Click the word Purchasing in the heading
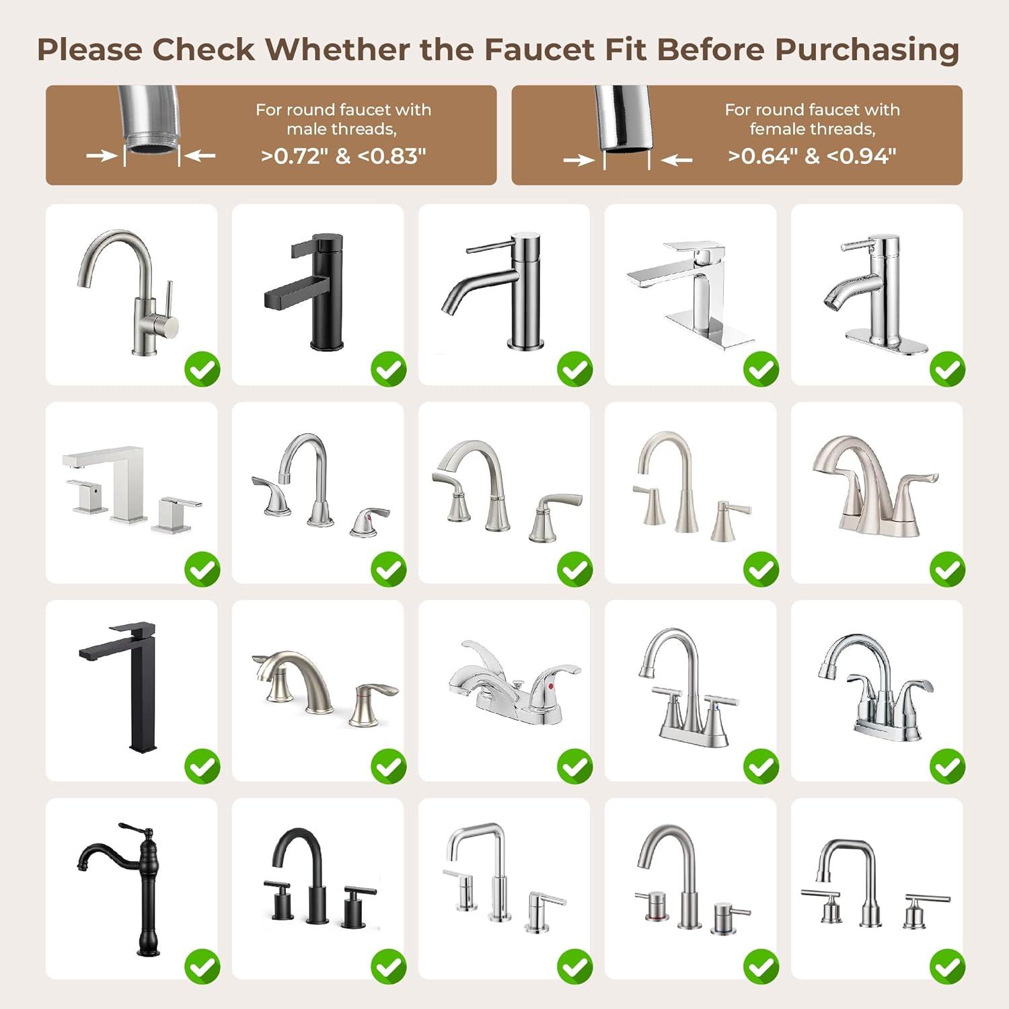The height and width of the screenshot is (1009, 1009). [866, 50]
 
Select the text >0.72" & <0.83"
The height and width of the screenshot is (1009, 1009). [343, 156]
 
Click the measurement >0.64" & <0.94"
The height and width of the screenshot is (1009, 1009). [812, 156]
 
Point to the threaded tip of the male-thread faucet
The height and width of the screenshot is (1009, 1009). [152, 143]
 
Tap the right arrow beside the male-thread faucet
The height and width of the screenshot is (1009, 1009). [200, 156]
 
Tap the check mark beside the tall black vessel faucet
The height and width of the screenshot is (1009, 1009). [202, 766]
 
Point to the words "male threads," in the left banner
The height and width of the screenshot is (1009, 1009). [342, 128]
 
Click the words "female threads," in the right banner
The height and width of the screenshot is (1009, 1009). [812, 128]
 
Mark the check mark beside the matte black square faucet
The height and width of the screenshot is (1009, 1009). [389, 369]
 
